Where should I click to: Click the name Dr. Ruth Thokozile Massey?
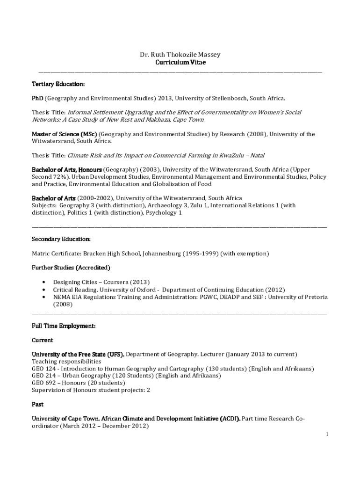coord(180,55)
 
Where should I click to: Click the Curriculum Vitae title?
coord(180,62)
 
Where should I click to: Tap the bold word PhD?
coord(38,98)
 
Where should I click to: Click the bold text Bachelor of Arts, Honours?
coord(66,169)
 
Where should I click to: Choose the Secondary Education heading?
coord(61,239)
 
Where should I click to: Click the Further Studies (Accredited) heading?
coord(71,268)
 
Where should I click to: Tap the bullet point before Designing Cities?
coord(43,282)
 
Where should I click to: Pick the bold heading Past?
coord(37,404)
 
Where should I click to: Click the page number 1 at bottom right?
coord(328,434)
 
